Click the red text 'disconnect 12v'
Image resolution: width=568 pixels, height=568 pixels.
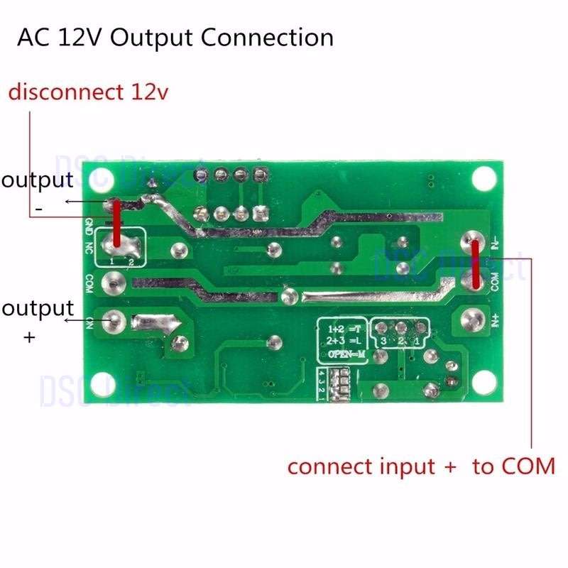(x=89, y=92)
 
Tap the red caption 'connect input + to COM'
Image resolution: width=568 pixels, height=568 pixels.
(x=420, y=466)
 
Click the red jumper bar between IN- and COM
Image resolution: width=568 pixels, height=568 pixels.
(x=474, y=266)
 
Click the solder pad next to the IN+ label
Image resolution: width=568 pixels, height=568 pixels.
(x=473, y=319)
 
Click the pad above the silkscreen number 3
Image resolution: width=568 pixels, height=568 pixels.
(x=383, y=329)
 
